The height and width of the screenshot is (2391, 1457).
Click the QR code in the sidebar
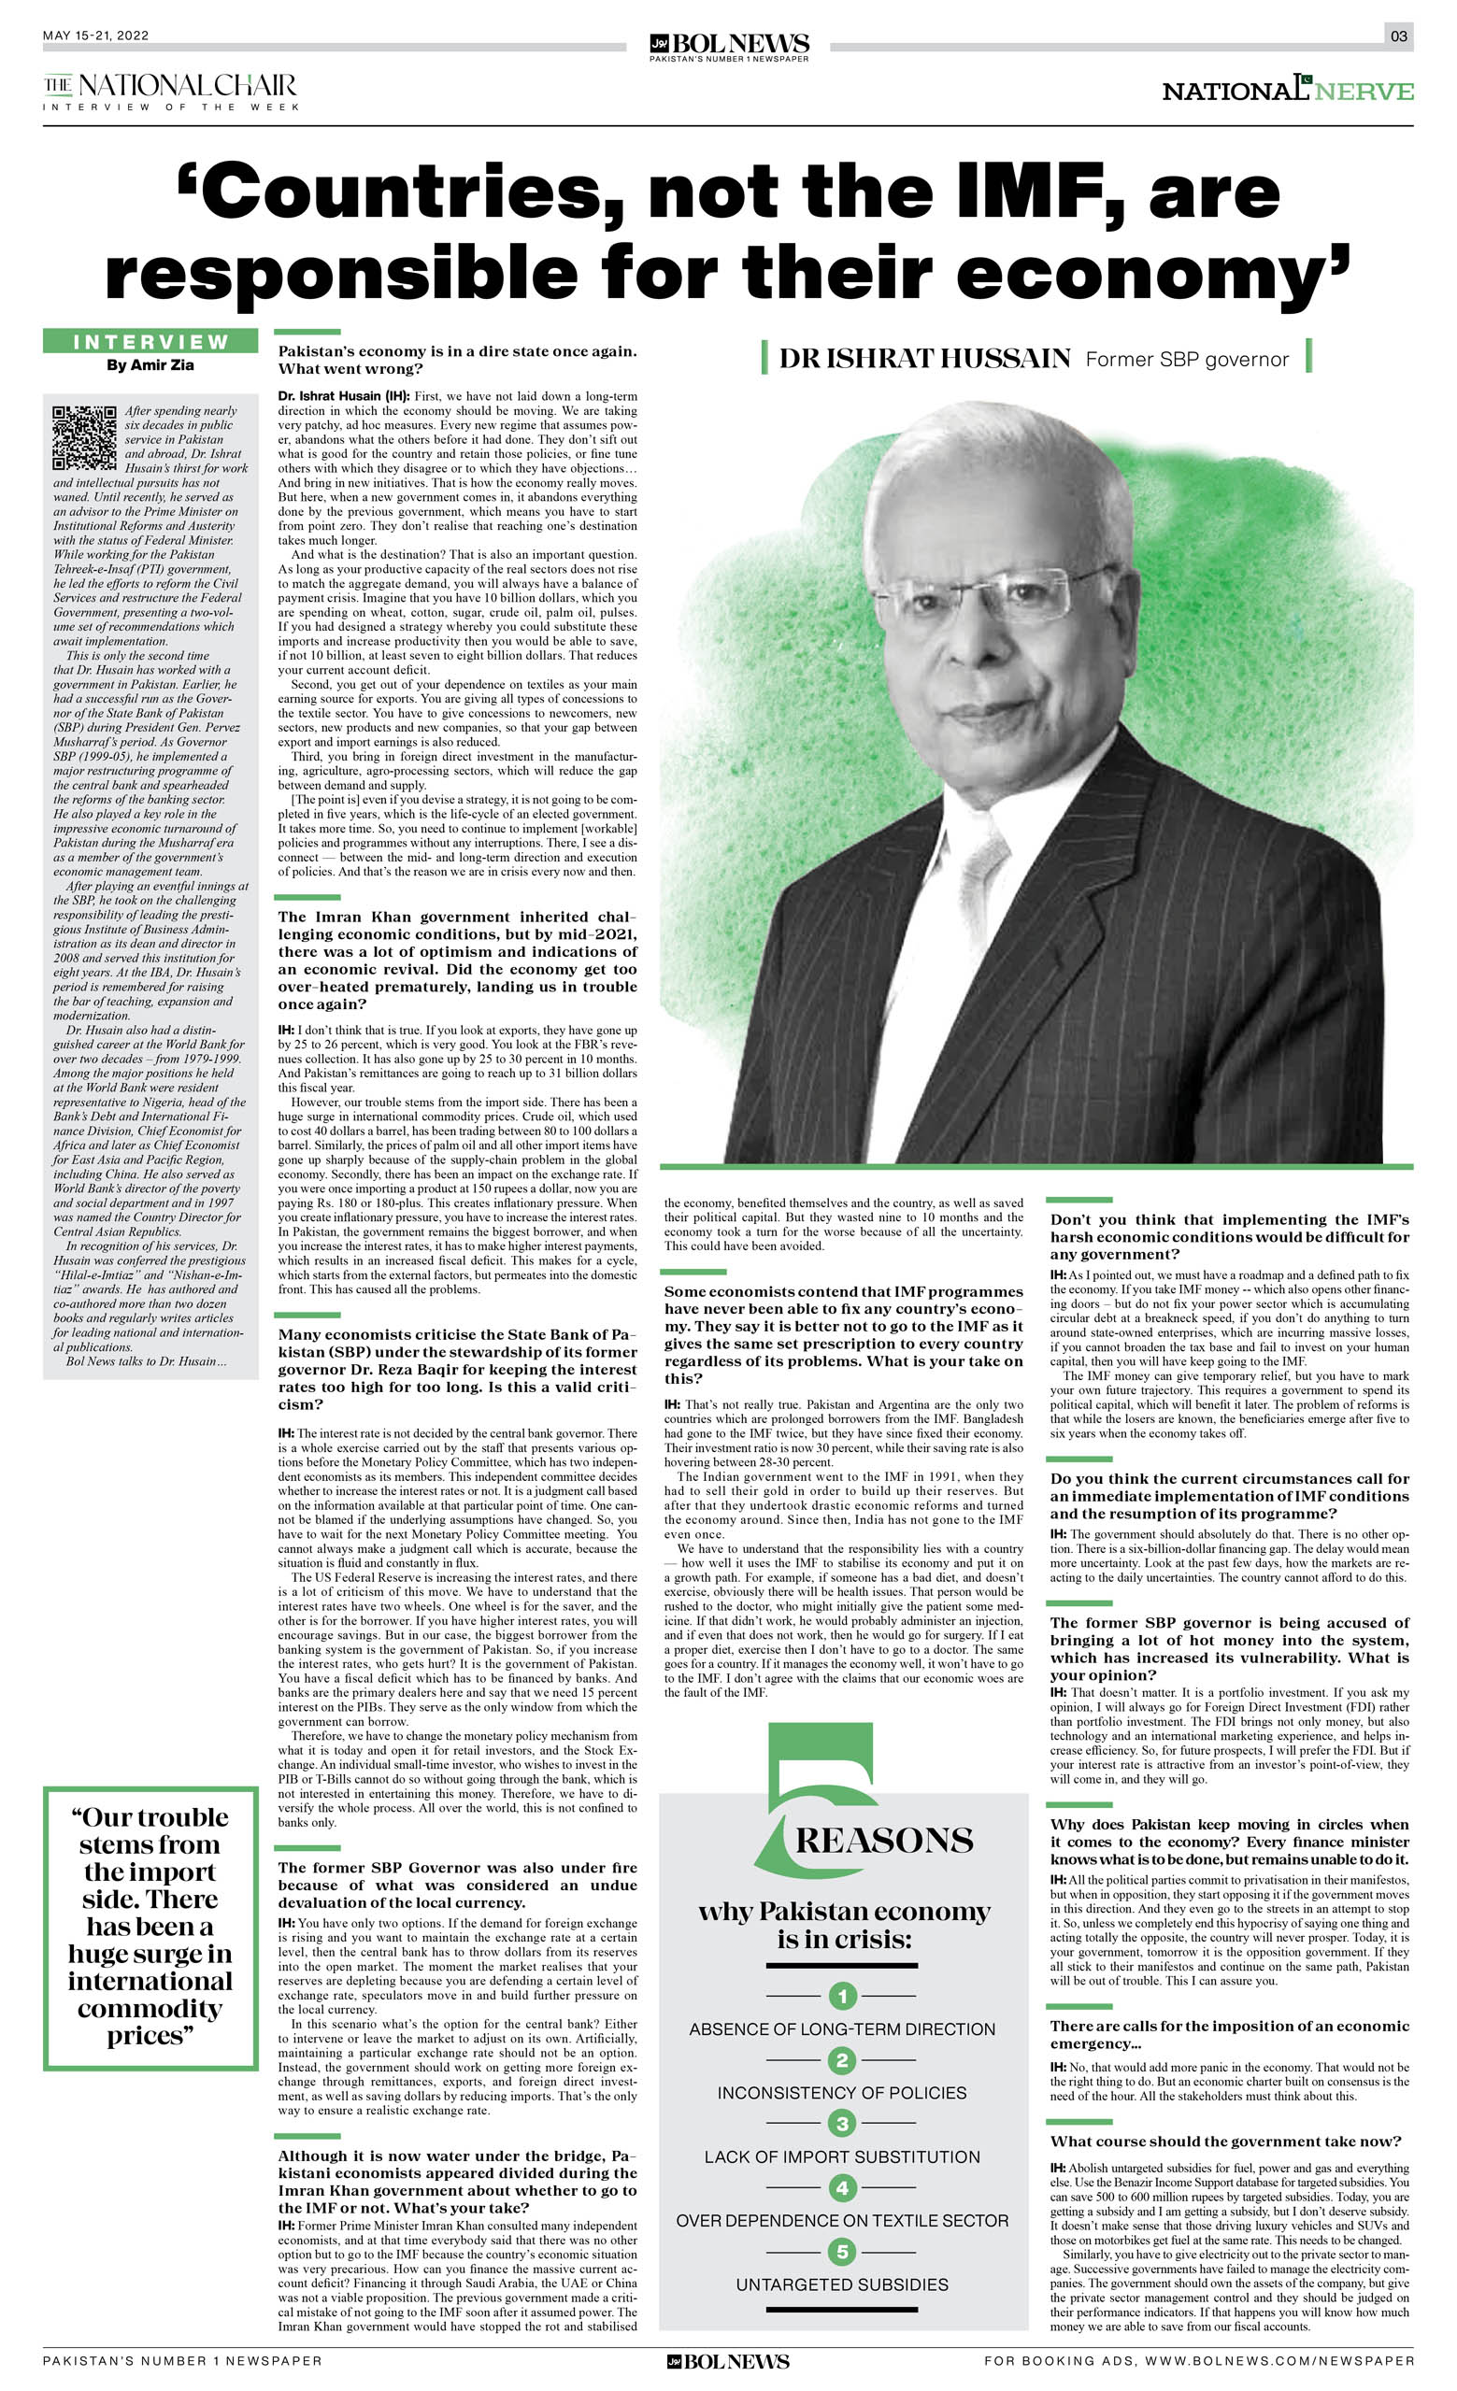coord(84,436)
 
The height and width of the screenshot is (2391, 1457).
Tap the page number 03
coord(1398,36)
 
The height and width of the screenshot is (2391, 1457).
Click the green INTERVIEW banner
coord(150,342)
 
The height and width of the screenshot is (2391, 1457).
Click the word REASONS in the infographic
coord(883,1840)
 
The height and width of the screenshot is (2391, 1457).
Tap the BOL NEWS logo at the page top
coord(729,45)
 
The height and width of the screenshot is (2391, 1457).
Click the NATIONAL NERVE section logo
coord(1287,91)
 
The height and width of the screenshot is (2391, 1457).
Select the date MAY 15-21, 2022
coord(96,36)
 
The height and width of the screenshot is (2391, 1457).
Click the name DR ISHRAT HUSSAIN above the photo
coord(924,359)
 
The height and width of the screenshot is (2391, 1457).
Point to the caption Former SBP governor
coord(1186,360)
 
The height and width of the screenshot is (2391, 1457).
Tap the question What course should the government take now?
coord(1225,2142)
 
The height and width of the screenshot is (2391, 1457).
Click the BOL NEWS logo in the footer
coord(728,2361)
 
